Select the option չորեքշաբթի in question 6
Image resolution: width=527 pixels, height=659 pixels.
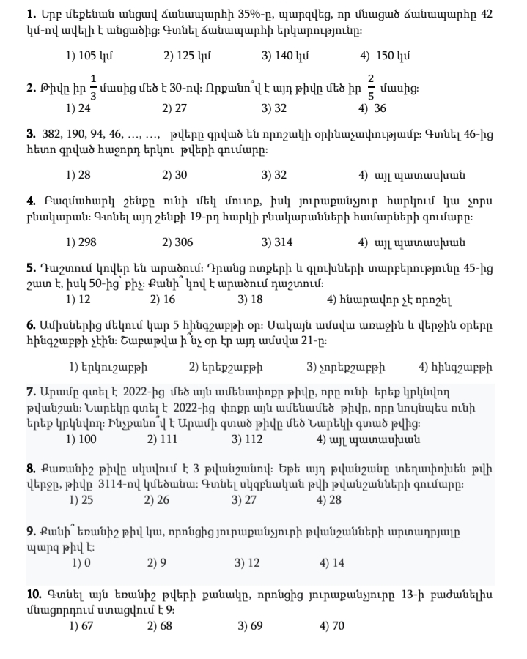[346, 367]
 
